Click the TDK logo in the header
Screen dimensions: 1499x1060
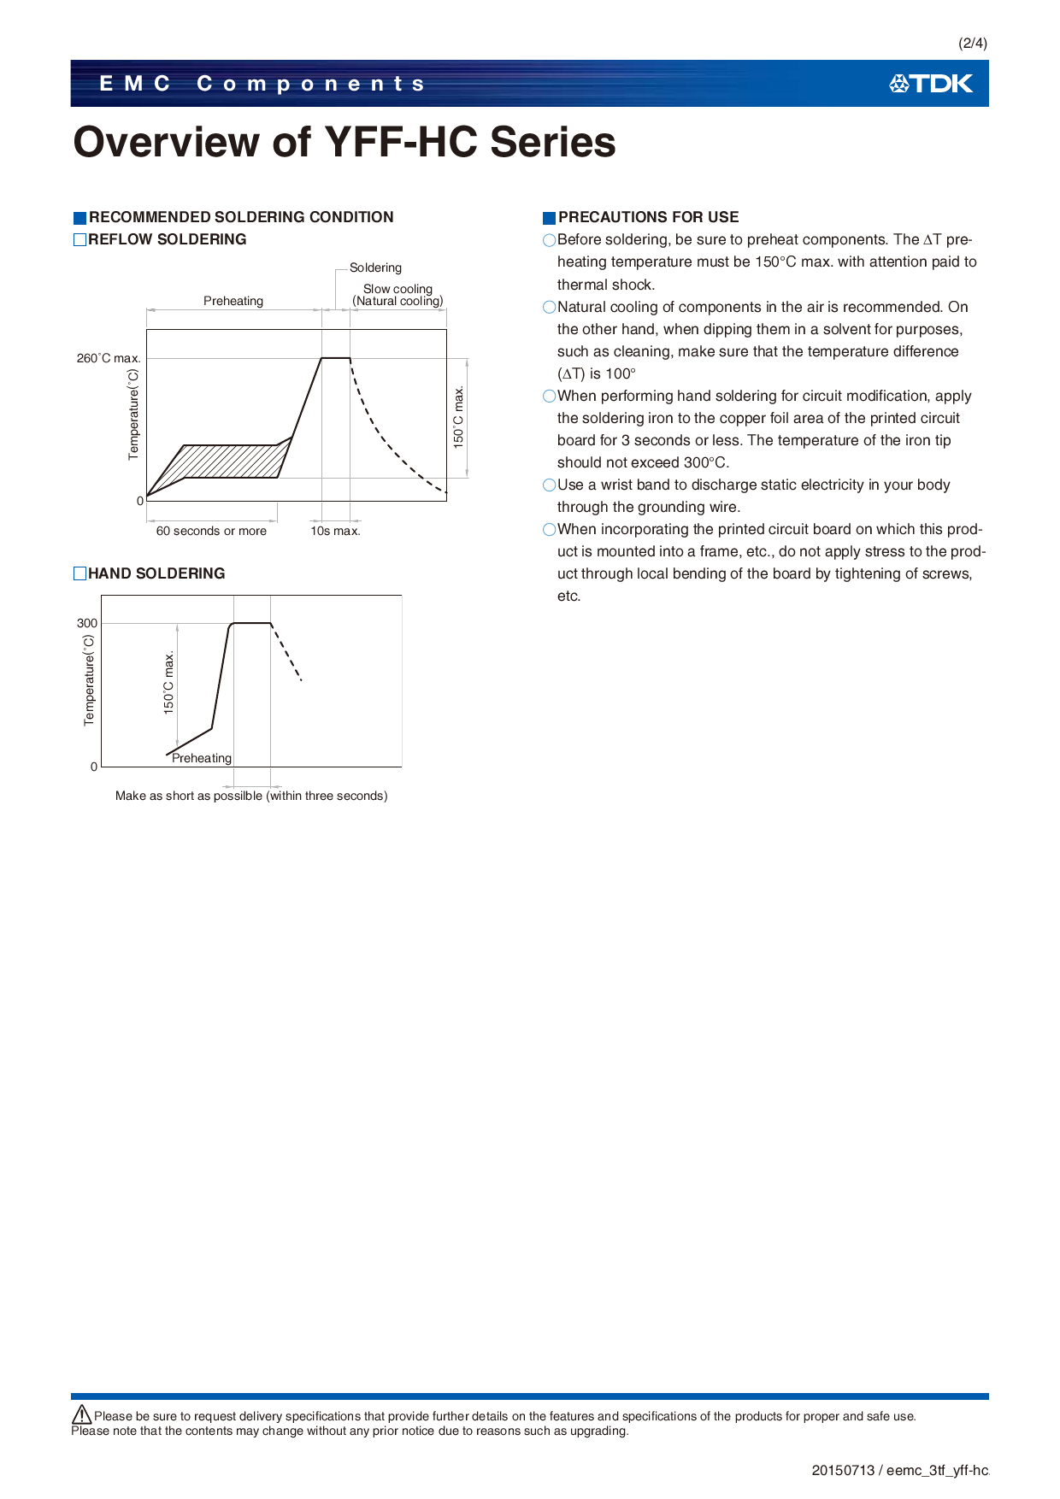tap(931, 84)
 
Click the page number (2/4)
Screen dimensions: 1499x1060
tap(972, 43)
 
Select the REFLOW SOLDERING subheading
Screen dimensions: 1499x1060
tap(167, 239)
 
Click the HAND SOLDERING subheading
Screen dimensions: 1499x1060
tap(156, 573)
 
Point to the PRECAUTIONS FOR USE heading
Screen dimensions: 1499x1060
tap(648, 217)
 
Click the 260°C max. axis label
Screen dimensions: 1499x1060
tap(108, 358)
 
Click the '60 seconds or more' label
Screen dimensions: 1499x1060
tap(211, 531)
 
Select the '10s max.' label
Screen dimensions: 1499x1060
tap(335, 531)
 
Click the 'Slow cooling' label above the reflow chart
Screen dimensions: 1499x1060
tap(397, 289)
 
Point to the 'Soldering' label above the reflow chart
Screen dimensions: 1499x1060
tap(375, 267)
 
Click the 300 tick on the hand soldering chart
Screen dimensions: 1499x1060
tap(87, 623)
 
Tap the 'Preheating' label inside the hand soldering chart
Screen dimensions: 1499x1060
tap(202, 758)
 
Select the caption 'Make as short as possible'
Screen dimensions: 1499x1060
tap(251, 796)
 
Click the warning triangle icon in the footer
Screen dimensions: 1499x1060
tap(82, 1414)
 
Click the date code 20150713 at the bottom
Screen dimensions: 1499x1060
tap(843, 1470)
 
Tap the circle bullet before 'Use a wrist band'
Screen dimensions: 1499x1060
tap(550, 485)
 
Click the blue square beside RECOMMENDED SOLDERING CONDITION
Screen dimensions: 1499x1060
tap(79, 218)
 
